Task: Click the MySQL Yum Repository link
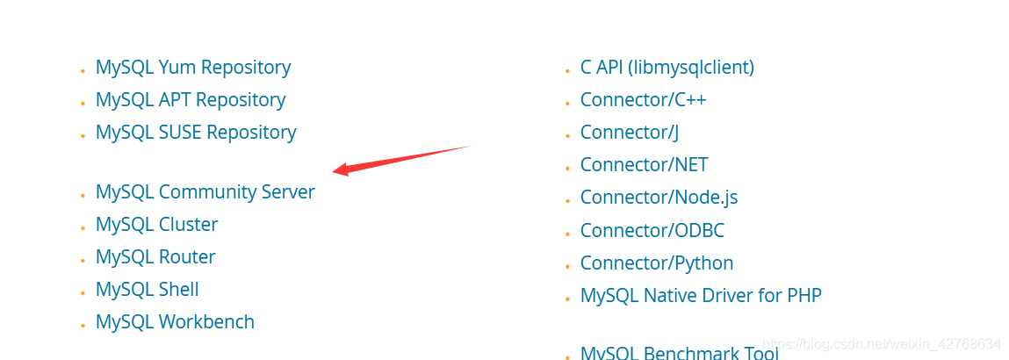pyautogui.click(x=193, y=68)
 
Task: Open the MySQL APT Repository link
pyautogui.click(x=191, y=100)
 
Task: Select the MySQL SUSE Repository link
pyautogui.click(x=196, y=133)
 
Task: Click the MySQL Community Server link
pyautogui.click(x=205, y=192)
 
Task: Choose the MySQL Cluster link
pyautogui.click(x=157, y=225)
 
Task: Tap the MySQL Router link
pyautogui.click(x=155, y=257)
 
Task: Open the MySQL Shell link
pyautogui.click(x=148, y=289)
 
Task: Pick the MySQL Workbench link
pyautogui.click(x=175, y=321)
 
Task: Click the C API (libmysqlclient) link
pyautogui.click(x=667, y=68)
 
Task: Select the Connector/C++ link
pyautogui.click(x=643, y=100)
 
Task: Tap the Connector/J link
pyautogui.click(x=630, y=133)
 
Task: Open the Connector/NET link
pyautogui.click(x=645, y=165)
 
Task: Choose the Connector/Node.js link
pyautogui.click(x=659, y=198)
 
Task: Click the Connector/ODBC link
pyautogui.click(x=652, y=230)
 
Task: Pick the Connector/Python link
pyautogui.click(x=657, y=263)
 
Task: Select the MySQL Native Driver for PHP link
pyautogui.click(x=701, y=296)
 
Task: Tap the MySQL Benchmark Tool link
pyautogui.click(x=680, y=352)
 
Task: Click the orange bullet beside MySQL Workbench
pyautogui.click(x=83, y=325)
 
